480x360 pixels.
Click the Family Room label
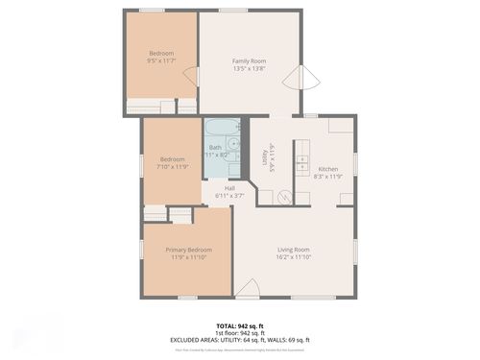click(x=248, y=60)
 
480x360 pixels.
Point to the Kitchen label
click(x=328, y=169)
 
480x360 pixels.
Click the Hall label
click(x=230, y=187)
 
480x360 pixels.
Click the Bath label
click(x=215, y=147)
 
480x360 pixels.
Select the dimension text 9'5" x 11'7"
click(x=161, y=60)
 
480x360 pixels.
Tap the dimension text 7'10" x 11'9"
click(x=173, y=166)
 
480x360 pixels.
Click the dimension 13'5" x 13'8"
click(x=248, y=68)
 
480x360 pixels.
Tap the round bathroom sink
click(x=233, y=144)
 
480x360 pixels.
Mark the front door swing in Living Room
click(x=247, y=288)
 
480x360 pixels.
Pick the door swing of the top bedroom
click(x=191, y=78)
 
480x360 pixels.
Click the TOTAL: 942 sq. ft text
click(x=239, y=326)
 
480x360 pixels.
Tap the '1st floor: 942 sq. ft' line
click(x=239, y=333)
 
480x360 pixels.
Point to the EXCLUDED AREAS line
click(x=239, y=340)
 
